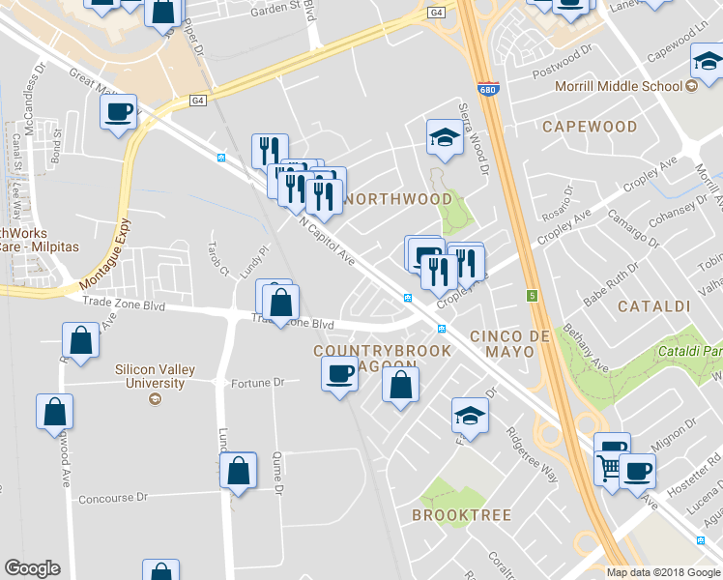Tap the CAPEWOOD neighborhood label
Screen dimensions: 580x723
coord(590,127)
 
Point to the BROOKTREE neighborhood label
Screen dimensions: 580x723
coord(460,515)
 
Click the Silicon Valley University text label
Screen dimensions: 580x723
coord(150,376)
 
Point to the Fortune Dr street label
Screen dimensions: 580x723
coord(257,383)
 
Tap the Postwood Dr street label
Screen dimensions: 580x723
coord(561,73)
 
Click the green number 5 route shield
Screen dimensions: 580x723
coord(531,295)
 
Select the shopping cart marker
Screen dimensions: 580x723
coord(610,468)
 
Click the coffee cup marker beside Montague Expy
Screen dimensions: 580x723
coord(119,112)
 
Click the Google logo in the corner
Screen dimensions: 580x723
coord(32,568)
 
